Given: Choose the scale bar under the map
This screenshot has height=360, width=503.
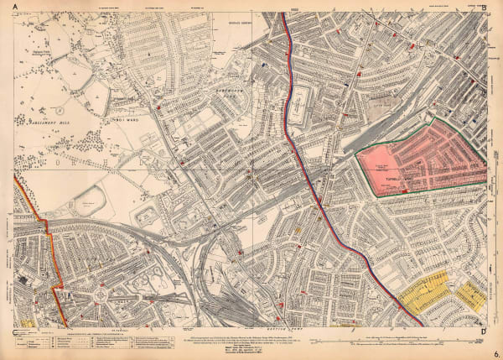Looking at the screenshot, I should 402,341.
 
